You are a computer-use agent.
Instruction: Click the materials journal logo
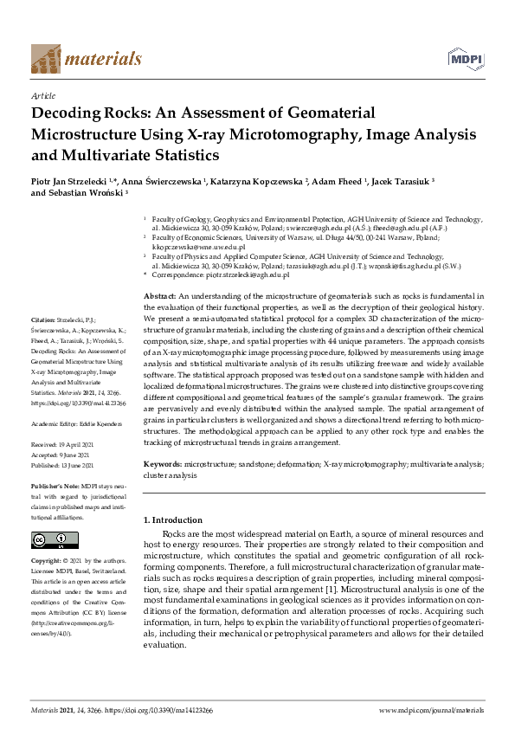point(86,58)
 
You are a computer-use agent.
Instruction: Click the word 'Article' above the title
point(42,96)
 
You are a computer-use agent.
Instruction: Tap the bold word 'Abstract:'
point(159,296)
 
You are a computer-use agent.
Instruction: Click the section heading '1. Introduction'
point(171,520)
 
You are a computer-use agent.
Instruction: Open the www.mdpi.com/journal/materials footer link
point(432,710)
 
